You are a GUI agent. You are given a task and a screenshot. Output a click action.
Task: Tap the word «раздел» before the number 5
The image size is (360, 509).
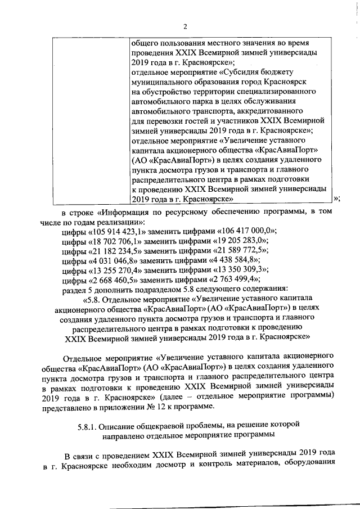(71, 290)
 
